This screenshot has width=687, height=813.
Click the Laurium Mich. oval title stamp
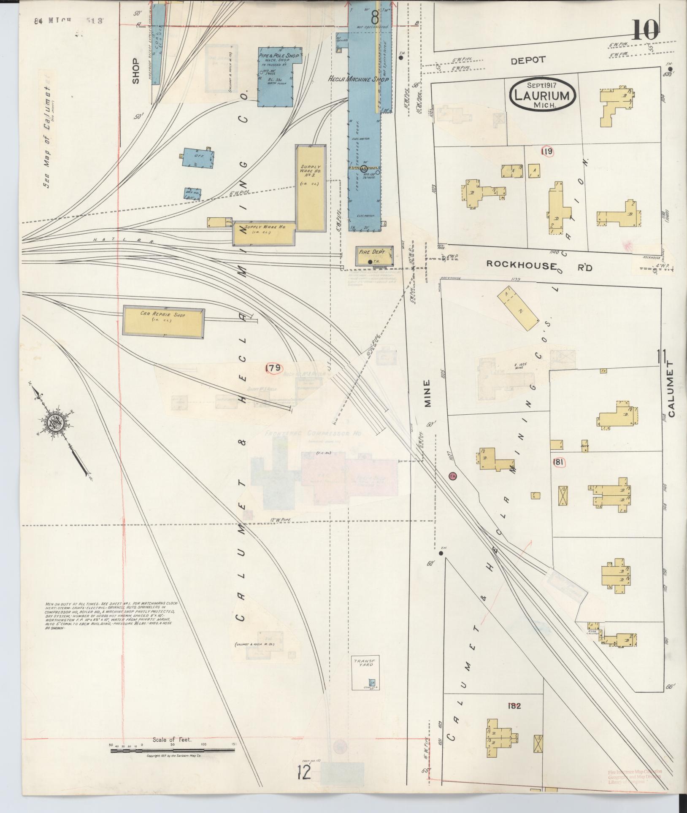point(543,95)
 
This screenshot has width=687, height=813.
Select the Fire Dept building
point(373,256)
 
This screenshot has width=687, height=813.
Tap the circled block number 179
point(273,368)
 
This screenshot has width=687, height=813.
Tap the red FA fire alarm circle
point(453,476)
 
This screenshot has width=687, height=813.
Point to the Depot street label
point(528,60)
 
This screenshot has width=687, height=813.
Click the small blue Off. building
point(197,159)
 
